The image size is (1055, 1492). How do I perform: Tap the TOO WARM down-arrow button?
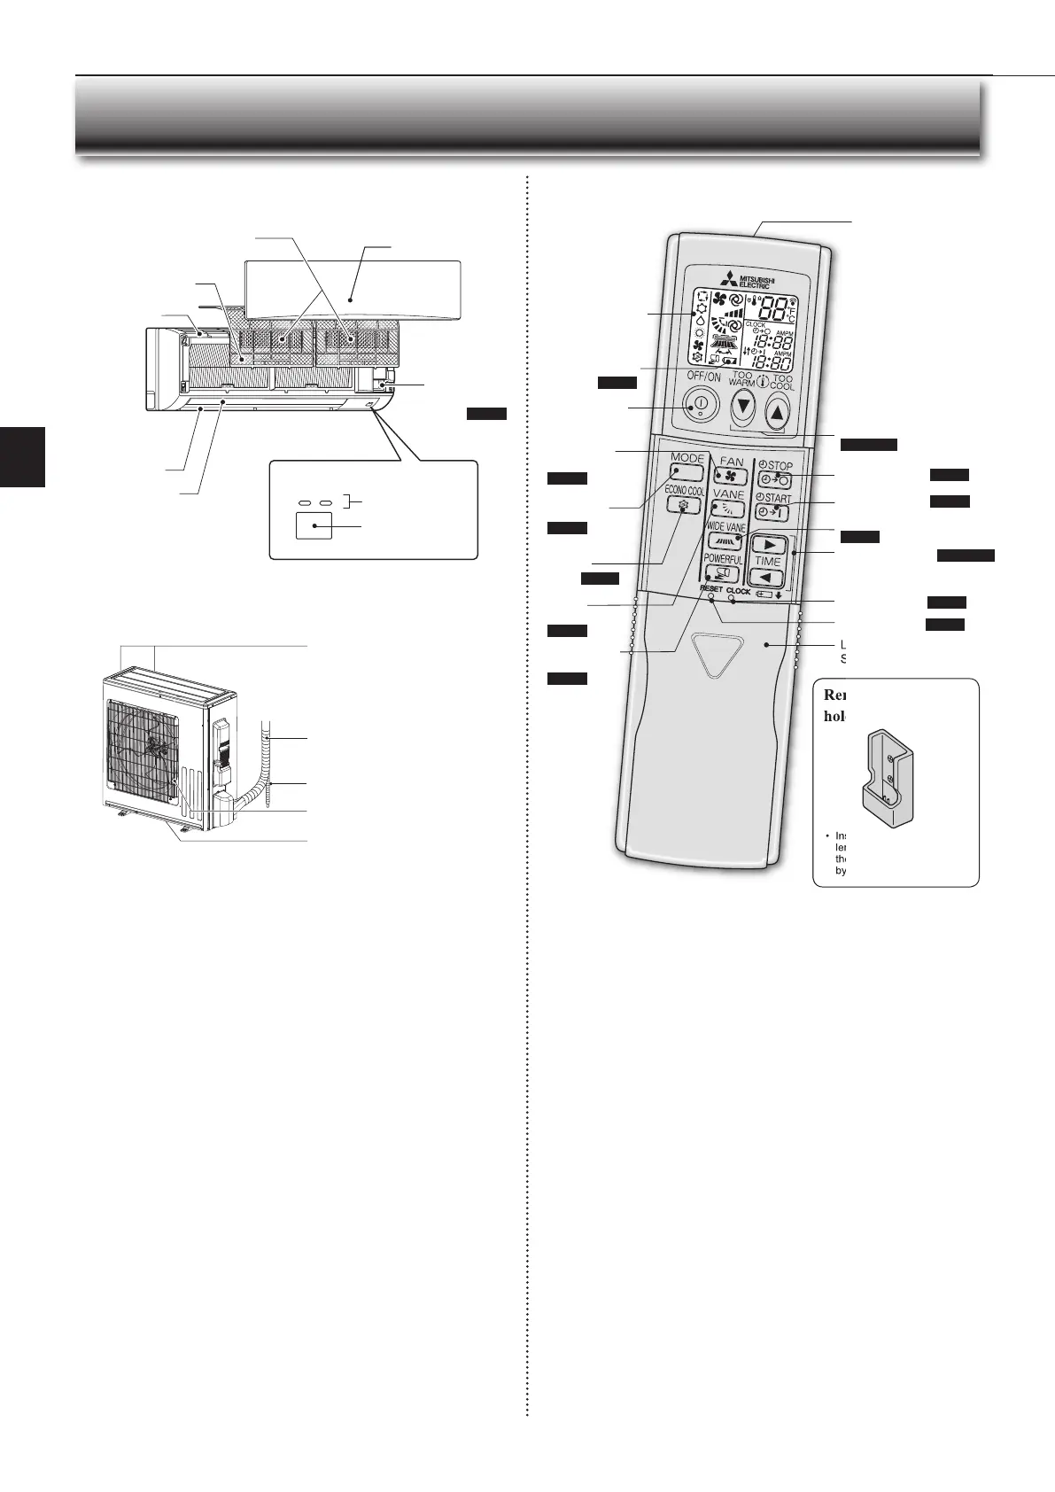(743, 408)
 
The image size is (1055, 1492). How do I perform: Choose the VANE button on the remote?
(728, 509)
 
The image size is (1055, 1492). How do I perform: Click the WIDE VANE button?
(725, 542)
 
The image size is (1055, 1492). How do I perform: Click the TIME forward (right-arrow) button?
(768, 544)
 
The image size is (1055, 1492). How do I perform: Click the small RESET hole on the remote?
(711, 597)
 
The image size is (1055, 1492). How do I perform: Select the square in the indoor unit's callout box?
(314, 525)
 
